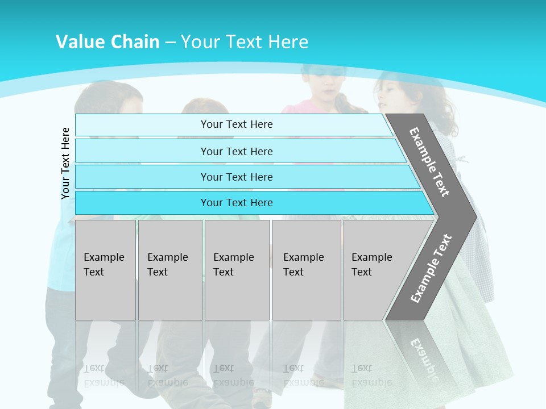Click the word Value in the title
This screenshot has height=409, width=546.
pyautogui.click(x=78, y=42)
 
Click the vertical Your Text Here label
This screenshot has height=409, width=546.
pyautogui.click(x=65, y=163)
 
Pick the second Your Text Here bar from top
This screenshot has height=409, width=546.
pyautogui.click(x=237, y=151)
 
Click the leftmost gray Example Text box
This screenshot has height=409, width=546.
pyautogui.click(x=105, y=270)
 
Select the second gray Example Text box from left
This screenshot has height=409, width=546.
pyautogui.click(x=170, y=270)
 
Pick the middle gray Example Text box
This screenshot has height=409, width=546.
pyautogui.click(x=237, y=270)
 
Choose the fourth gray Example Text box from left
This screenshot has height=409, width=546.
pyautogui.click(x=307, y=270)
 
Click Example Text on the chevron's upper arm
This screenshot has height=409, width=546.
pyautogui.click(x=429, y=162)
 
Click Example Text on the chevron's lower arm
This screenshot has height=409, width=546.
pyautogui.click(x=431, y=268)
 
